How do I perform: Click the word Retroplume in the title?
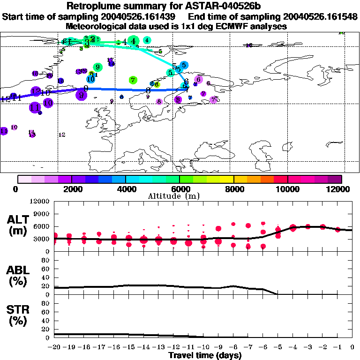click(x=94, y=6)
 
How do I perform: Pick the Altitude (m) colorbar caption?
click(x=179, y=196)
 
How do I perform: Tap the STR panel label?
click(x=19, y=315)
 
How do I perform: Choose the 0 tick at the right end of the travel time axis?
click(x=352, y=347)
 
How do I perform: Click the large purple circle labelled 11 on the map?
click(x=34, y=107)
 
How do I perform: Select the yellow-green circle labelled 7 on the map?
click(x=133, y=80)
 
